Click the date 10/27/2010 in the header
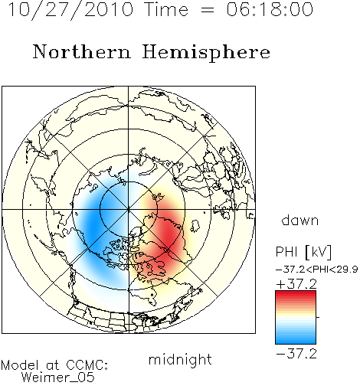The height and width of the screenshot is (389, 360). point(71,10)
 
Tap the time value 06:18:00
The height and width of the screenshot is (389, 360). point(270,9)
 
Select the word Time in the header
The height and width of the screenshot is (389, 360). point(166,9)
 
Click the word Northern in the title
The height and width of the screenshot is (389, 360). point(82,51)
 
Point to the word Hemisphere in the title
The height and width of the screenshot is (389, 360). point(206,53)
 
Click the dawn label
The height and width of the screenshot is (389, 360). point(300,221)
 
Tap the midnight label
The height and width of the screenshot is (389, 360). point(180,360)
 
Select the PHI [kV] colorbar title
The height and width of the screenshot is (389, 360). point(303,252)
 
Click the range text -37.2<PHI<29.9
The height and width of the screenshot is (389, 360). point(317,270)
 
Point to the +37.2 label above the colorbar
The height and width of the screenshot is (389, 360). point(296,284)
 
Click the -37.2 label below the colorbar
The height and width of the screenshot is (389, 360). point(296,354)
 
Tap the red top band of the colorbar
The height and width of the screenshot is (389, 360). point(296,295)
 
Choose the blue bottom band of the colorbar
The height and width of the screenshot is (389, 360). point(296,340)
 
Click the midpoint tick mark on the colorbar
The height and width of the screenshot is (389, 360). point(318,317)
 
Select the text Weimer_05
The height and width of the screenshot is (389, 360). point(58,378)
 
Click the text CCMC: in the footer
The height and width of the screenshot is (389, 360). point(87,365)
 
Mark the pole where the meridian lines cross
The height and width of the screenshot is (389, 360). point(129,209)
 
